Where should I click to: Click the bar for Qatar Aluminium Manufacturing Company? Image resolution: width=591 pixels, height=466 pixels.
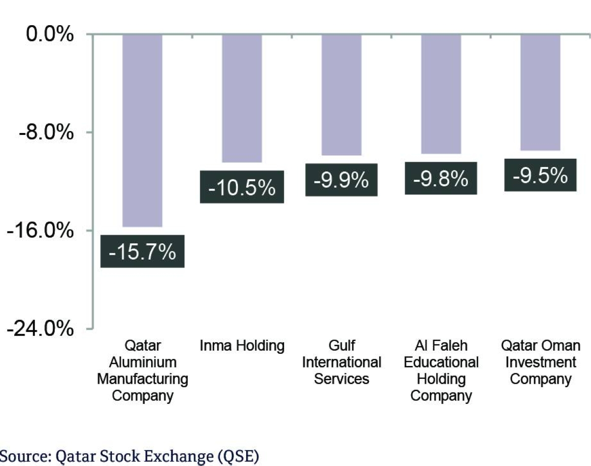pos(142,131)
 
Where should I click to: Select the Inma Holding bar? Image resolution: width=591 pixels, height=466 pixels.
pos(242,98)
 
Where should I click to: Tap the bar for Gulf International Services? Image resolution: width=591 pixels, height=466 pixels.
pos(341,95)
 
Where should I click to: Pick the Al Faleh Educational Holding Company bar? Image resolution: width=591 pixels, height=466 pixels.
pos(441,94)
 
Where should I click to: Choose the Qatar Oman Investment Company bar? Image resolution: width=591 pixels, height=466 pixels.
pos(540,92)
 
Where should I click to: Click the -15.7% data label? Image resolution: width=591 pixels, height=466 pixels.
pos(142,252)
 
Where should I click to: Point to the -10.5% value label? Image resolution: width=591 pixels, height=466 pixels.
pos(242,187)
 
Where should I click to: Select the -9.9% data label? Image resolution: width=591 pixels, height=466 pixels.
pos(341,180)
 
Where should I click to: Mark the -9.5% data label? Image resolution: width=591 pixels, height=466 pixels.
pos(540,175)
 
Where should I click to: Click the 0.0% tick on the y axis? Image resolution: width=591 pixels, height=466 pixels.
pos(50,35)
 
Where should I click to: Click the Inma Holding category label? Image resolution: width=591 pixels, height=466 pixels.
pos(242,346)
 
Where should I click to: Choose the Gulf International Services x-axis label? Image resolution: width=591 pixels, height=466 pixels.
pos(341,362)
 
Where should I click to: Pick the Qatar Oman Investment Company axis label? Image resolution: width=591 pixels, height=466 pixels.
pos(540,362)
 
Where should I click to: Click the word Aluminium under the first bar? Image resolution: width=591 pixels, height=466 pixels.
pos(142,363)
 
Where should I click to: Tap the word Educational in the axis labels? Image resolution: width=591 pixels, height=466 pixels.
pos(441,363)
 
